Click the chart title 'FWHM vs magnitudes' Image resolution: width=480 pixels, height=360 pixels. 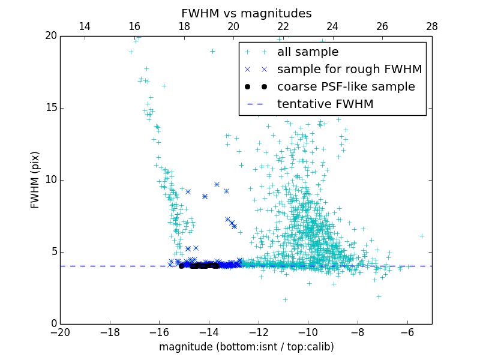click(246, 13)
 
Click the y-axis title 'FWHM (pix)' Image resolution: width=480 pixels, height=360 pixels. click(35, 180)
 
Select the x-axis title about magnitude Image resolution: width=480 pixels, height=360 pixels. click(246, 347)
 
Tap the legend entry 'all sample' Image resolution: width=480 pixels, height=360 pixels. click(308, 52)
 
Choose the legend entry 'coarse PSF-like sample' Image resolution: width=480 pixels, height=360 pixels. click(346, 87)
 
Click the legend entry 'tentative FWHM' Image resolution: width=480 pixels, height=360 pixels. click(325, 104)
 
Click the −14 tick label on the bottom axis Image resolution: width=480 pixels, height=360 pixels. click(209, 332)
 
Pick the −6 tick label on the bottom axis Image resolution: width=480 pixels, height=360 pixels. click(407, 332)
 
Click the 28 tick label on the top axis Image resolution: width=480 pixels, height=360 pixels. click(431, 26)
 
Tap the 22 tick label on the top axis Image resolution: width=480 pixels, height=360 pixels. click(283, 26)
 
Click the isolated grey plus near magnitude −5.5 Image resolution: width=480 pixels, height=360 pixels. click(422, 236)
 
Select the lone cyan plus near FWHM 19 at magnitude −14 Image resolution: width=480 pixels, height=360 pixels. click(212, 52)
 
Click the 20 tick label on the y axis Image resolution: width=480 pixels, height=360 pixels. click(50, 36)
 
